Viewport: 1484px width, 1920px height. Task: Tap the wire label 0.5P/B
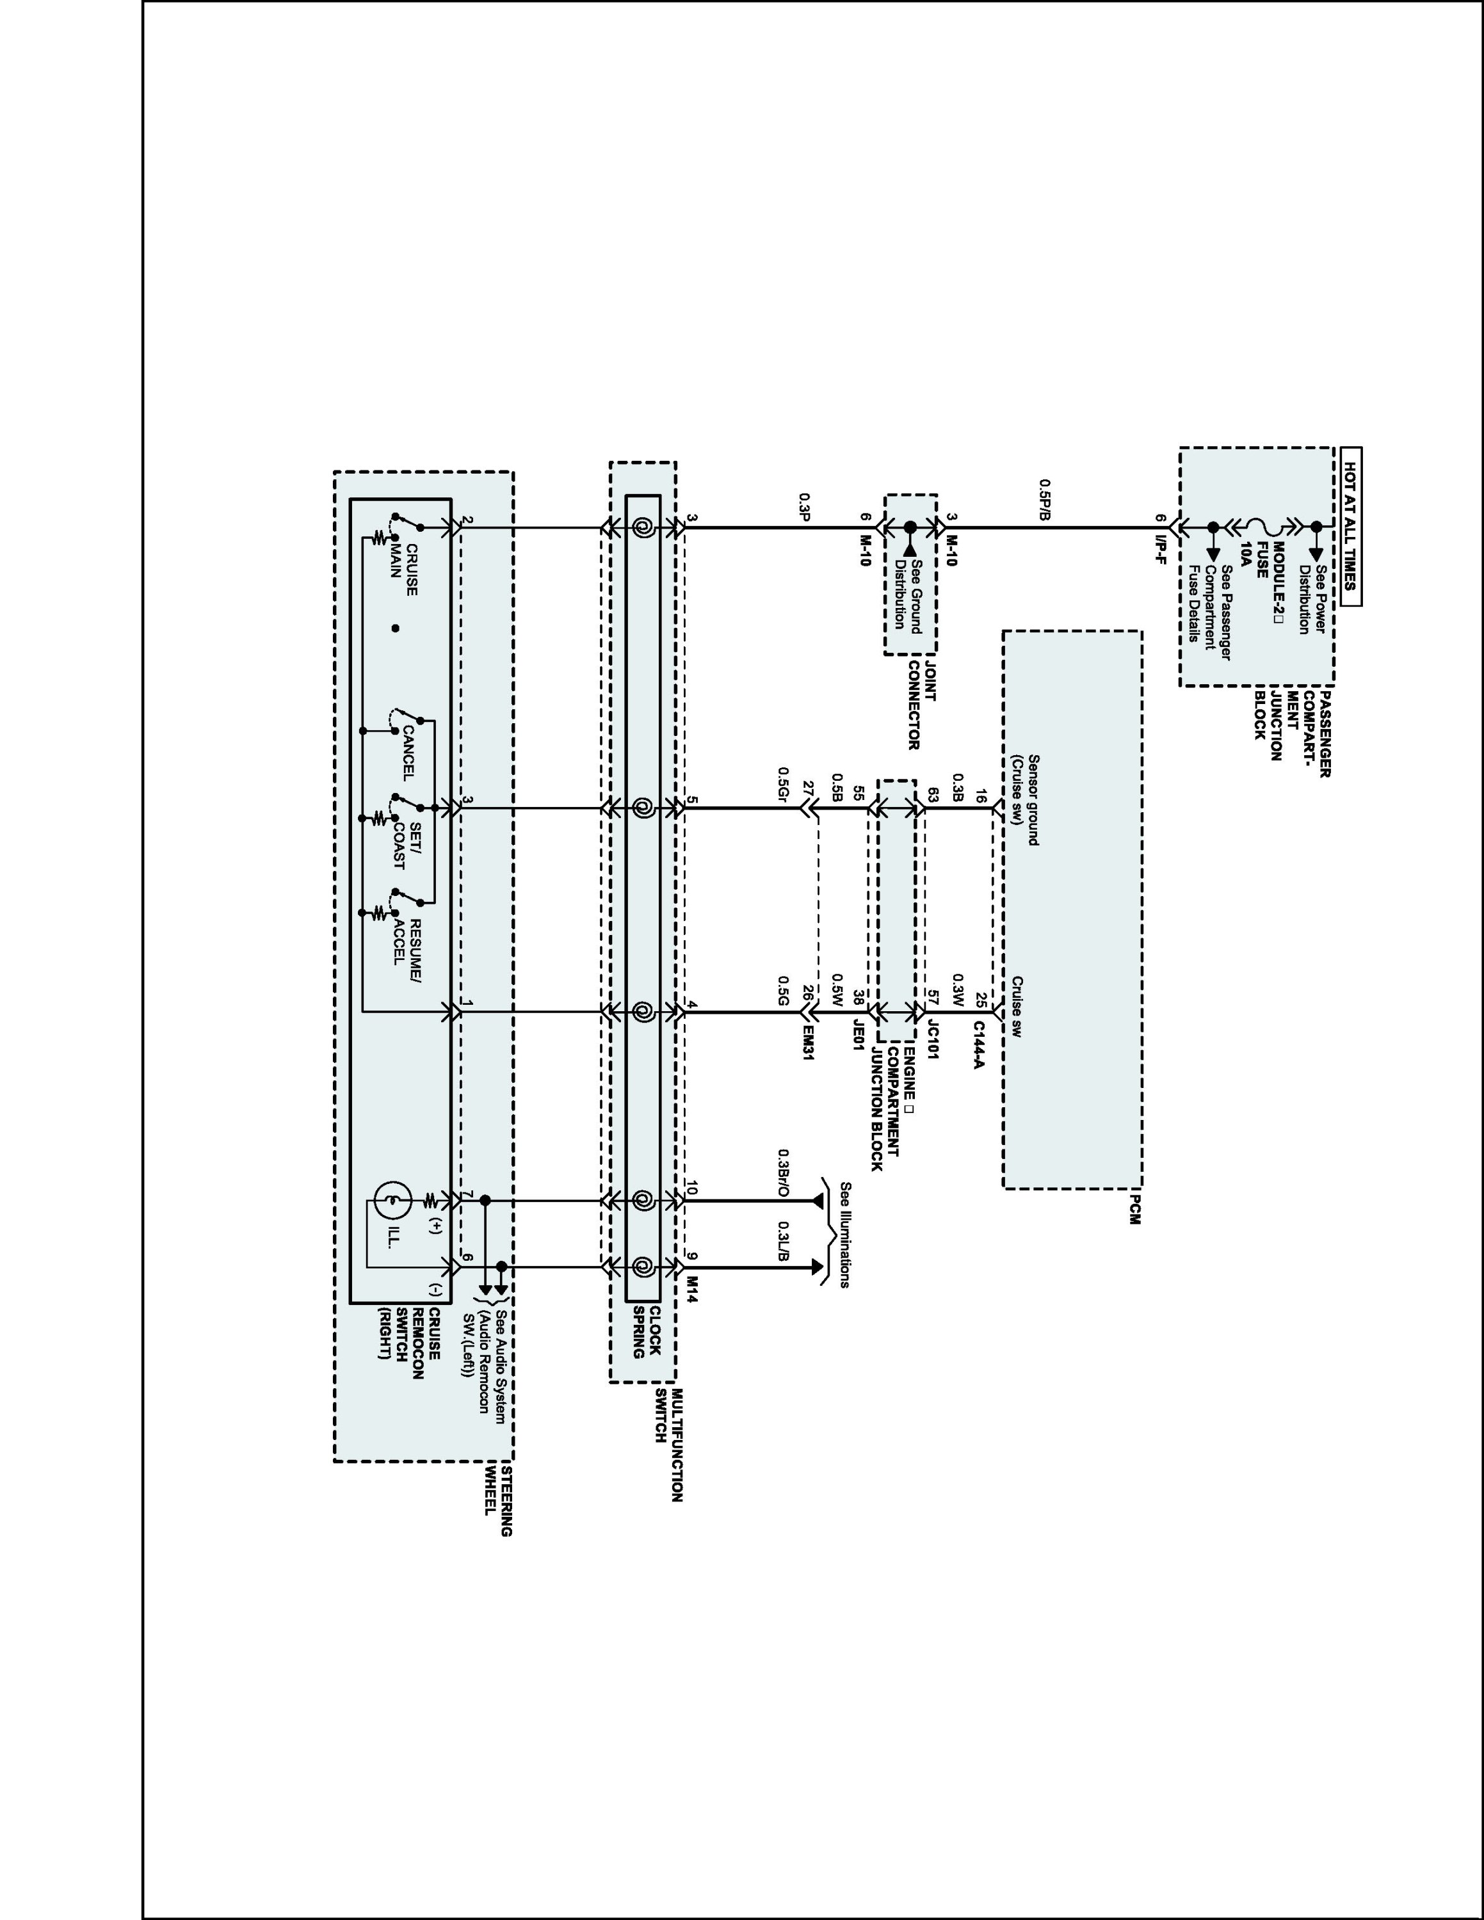point(1044,499)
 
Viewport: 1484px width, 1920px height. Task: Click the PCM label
point(1133,1210)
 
